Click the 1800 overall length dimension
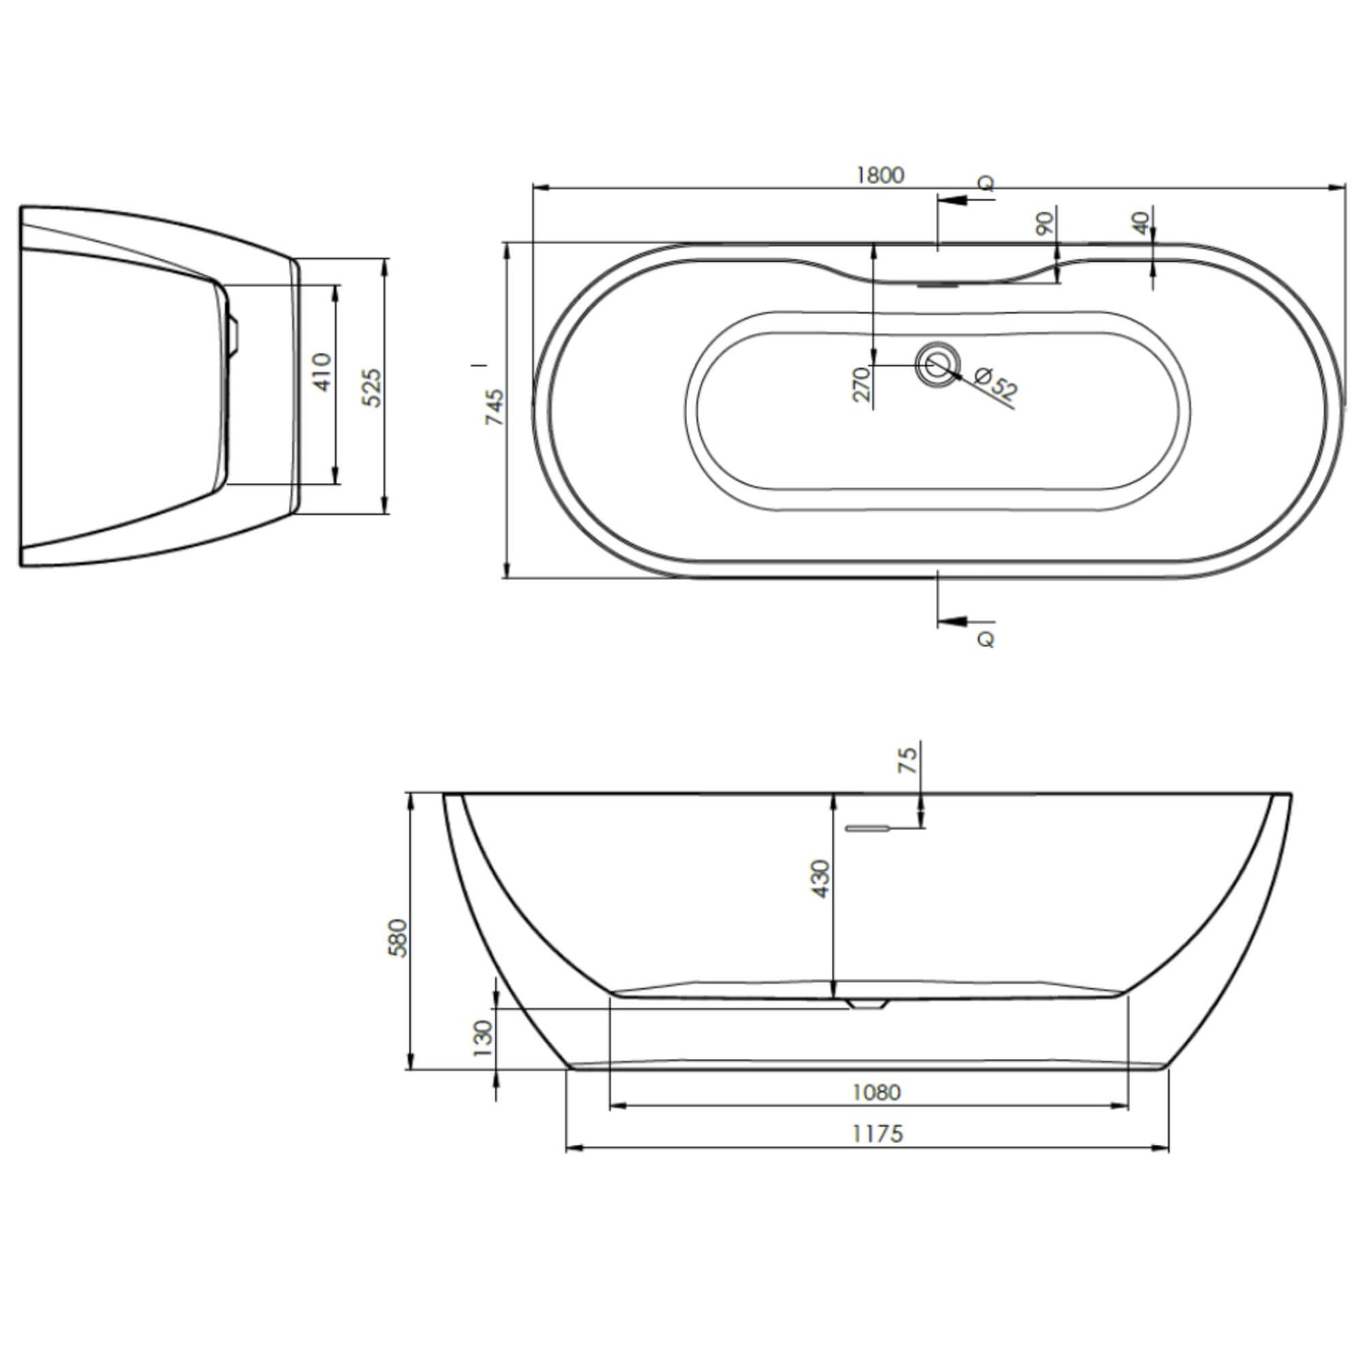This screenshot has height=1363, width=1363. pyautogui.click(x=880, y=175)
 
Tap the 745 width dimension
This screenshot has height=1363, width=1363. pyautogui.click(x=494, y=407)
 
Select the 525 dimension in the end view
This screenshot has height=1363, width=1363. pyautogui.click(x=372, y=388)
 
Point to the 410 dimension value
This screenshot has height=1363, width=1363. pyautogui.click(x=323, y=372)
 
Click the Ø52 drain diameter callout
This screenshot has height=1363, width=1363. pyautogui.click(x=995, y=383)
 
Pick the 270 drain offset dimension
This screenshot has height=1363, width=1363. pyautogui.click(x=862, y=385)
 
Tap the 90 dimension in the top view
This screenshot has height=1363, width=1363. pyautogui.click(x=1045, y=223)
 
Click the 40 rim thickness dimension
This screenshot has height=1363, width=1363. pyautogui.click(x=1141, y=223)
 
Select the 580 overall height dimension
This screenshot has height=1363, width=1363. pyautogui.click(x=398, y=937)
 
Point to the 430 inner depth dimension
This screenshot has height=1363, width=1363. pyautogui.click(x=820, y=878)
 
